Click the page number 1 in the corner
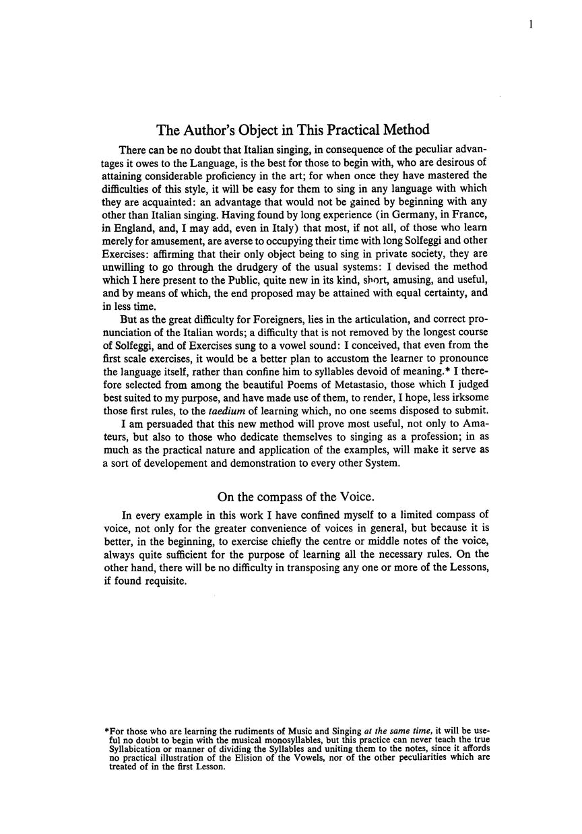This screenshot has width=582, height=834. click(531, 25)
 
